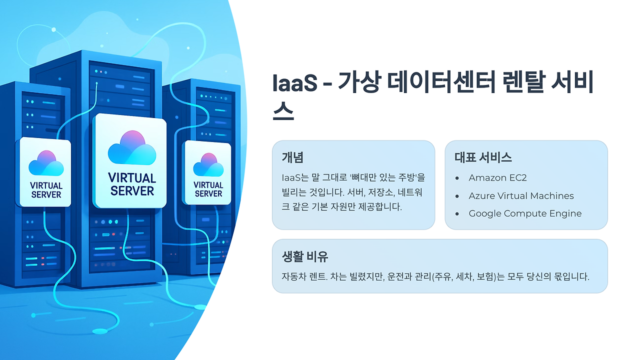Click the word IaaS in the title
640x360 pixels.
295,83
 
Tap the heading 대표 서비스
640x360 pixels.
483,157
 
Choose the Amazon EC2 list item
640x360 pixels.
497,177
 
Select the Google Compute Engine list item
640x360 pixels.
525,213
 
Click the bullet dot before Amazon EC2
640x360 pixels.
457,178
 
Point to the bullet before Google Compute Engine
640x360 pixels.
457,214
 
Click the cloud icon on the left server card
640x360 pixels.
46,162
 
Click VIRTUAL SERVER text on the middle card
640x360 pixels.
132,184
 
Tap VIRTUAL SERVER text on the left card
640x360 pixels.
46,190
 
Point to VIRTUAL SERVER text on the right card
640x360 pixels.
208,189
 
